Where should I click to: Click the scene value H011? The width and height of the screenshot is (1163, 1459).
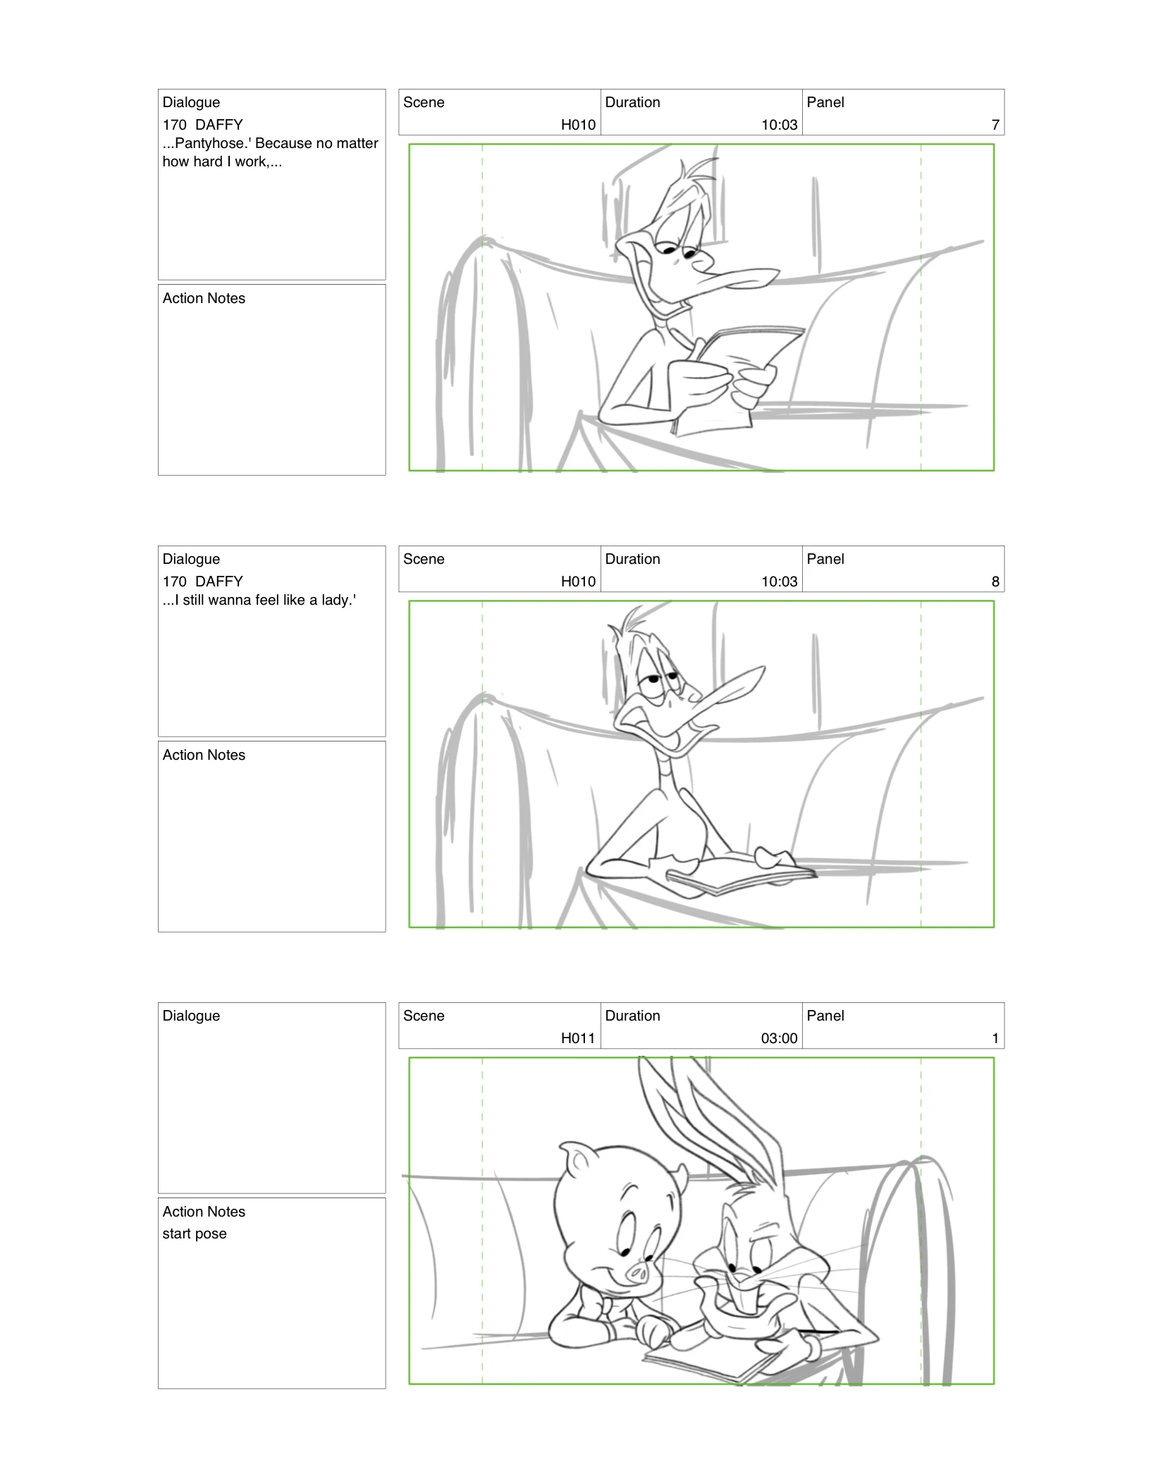(578, 1038)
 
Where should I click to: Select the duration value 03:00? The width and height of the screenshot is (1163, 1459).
(779, 1038)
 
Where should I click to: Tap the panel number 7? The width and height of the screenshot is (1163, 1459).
(995, 125)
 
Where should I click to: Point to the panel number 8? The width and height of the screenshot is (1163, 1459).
(995, 581)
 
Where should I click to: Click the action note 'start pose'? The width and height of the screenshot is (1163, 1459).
(195, 1233)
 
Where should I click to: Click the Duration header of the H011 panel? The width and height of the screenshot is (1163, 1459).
(633, 1016)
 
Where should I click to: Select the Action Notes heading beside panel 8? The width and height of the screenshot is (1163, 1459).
(204, 755)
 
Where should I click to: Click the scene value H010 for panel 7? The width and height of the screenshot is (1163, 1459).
(578, 125)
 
